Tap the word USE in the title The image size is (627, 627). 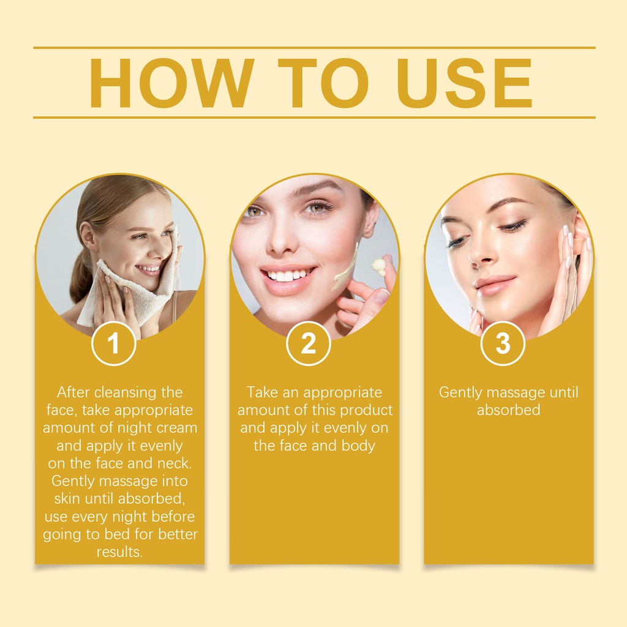[465, 83]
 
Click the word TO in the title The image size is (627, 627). [323, 83]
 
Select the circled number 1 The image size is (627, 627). [114, 343]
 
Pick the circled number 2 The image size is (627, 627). [309, 343]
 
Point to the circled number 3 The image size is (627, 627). [503, 343]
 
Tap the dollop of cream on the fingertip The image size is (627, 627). [378, 266]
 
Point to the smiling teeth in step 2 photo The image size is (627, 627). [287, 275]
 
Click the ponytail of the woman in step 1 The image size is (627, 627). [81, 276]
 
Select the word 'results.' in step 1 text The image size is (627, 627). [119, 552]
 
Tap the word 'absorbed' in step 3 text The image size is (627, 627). [508, 410]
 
